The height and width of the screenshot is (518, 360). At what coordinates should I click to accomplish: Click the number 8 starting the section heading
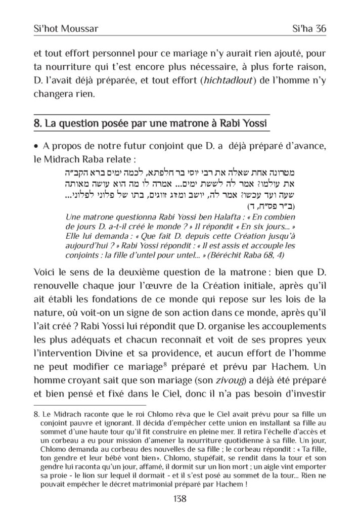tap(36, 123)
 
